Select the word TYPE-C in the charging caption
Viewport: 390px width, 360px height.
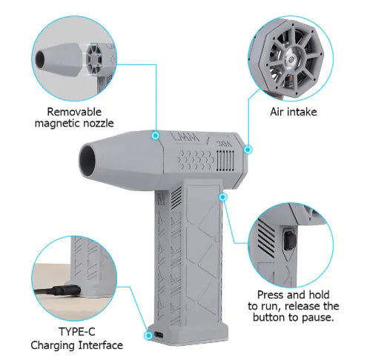(76, 331)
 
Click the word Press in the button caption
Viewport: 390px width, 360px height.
(270, 293)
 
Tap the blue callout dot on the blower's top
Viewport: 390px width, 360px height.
(156, 136)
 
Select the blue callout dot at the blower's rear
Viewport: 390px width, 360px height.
(248, 149)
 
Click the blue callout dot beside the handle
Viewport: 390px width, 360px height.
(223, 196)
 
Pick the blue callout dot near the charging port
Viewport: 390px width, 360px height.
(146, 334)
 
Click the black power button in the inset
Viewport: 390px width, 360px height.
(288, 240)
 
